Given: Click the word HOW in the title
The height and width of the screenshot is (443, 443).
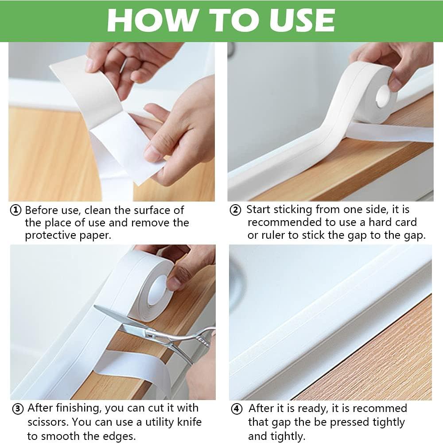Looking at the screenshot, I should (x=146, y=20).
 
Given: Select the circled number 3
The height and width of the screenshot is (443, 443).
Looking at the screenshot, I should (x=17, y=409).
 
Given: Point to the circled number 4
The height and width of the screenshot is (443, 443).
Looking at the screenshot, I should (x=237, y=409).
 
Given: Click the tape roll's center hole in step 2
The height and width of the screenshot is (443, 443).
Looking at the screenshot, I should (x=382, y=96).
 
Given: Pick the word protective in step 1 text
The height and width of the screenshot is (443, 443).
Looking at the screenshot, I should (x=50, y=235).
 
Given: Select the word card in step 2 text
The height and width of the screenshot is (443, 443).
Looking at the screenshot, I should (x=405, y=222).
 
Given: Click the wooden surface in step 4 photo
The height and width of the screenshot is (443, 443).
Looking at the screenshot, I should (x=385, y=363).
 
